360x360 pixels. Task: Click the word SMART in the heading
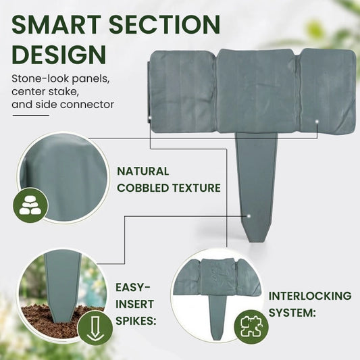(x=57, y=24)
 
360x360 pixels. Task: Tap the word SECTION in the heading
(x=165, y=24)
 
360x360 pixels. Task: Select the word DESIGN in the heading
(x=59, y=55)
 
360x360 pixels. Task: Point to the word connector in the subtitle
(x=90, y=105)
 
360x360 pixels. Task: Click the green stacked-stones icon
(x=30, y=205)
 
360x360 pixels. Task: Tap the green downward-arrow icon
(x=95, y=328)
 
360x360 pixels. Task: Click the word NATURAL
(x=143, y=172)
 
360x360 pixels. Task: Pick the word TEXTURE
(x=197, y=188)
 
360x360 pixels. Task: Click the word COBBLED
(x=143, y=188)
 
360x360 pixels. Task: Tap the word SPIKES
(x=136, y=321)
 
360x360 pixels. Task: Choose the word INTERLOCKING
(x=310, y=296)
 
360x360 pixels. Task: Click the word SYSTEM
(x=292, y=313)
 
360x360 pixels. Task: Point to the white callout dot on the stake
(x=249, y=216)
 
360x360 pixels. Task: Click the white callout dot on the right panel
(x=317, y=121)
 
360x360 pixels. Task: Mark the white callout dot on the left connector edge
(x=150, y=118)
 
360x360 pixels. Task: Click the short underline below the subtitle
(x=31, y=115)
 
